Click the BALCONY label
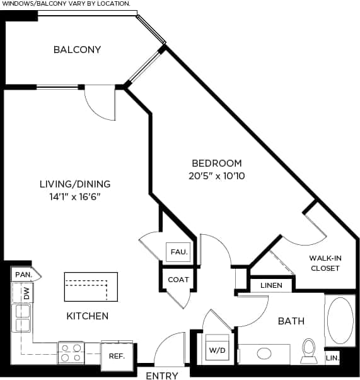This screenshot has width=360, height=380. pyautogui.click(x=77, y=50)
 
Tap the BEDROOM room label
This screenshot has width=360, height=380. pyautogui.click(x=217, y=163)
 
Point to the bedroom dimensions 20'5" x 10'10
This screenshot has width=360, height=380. pyautogui.click(x=217, y=176)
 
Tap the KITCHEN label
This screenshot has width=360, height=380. pyautogui.click(x=88, y=316)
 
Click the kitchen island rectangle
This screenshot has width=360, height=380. pyautogui.click(x=91, y=287)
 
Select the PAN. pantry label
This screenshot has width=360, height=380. pyautogui.click(x=23, y=275)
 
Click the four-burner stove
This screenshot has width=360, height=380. pyautogui.click(x=71, y=353)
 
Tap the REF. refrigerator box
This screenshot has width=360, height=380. pyautogui.click(x=117, y=355)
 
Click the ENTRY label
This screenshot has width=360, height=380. pyautogui.click(x=161, y=376)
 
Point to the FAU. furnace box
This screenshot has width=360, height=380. pyautogui.click(x=178, y=252)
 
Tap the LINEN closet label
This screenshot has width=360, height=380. pyautogui.click(x=271, y=285)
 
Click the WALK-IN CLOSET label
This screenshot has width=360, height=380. pyautogui.click(x=325, y=263)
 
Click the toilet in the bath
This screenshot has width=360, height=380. pyautogui.click(x=309, y=350)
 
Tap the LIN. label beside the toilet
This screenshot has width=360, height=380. pyautogui.click(x=333, y=358)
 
